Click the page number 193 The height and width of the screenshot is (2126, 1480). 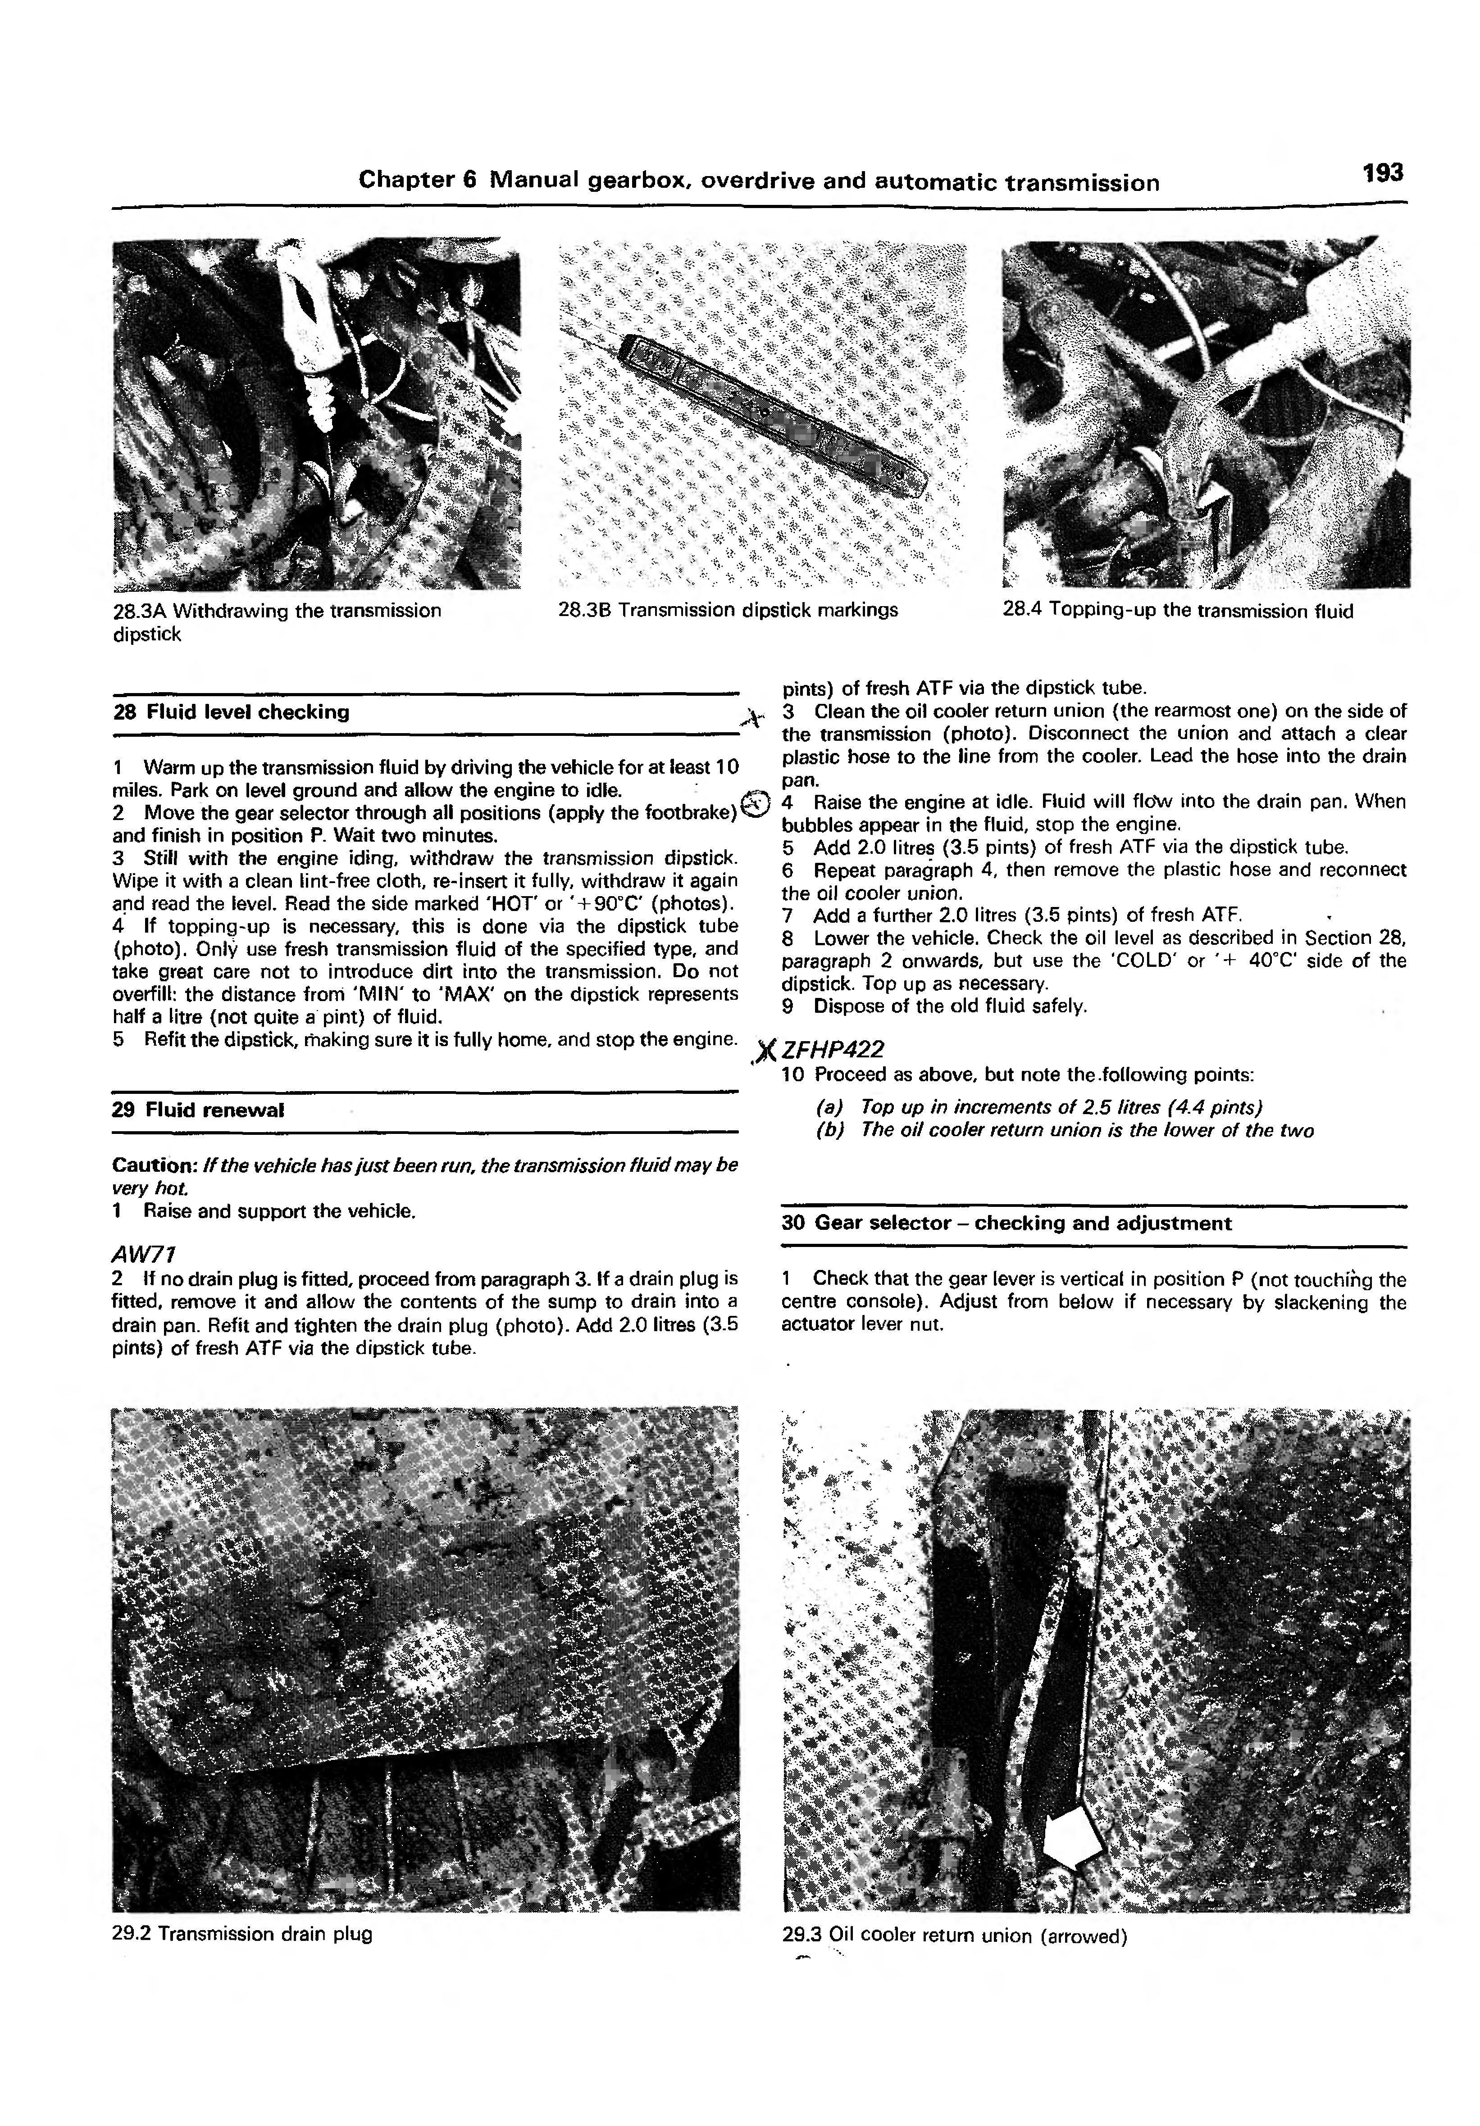point(1382,173)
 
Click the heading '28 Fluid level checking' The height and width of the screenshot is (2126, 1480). point(231,712)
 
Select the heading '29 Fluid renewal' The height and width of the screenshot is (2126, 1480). point(197,1109)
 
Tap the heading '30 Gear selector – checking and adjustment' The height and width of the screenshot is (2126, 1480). point(1006,1223)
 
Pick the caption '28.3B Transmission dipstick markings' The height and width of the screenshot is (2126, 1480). point(728,610)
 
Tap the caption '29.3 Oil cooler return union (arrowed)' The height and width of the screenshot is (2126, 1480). point(954,1935)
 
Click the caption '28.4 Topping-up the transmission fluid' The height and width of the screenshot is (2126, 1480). point(1177,611)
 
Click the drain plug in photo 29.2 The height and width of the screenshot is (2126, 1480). point(432,1662)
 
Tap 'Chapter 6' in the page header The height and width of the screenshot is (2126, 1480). point(417,180)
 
